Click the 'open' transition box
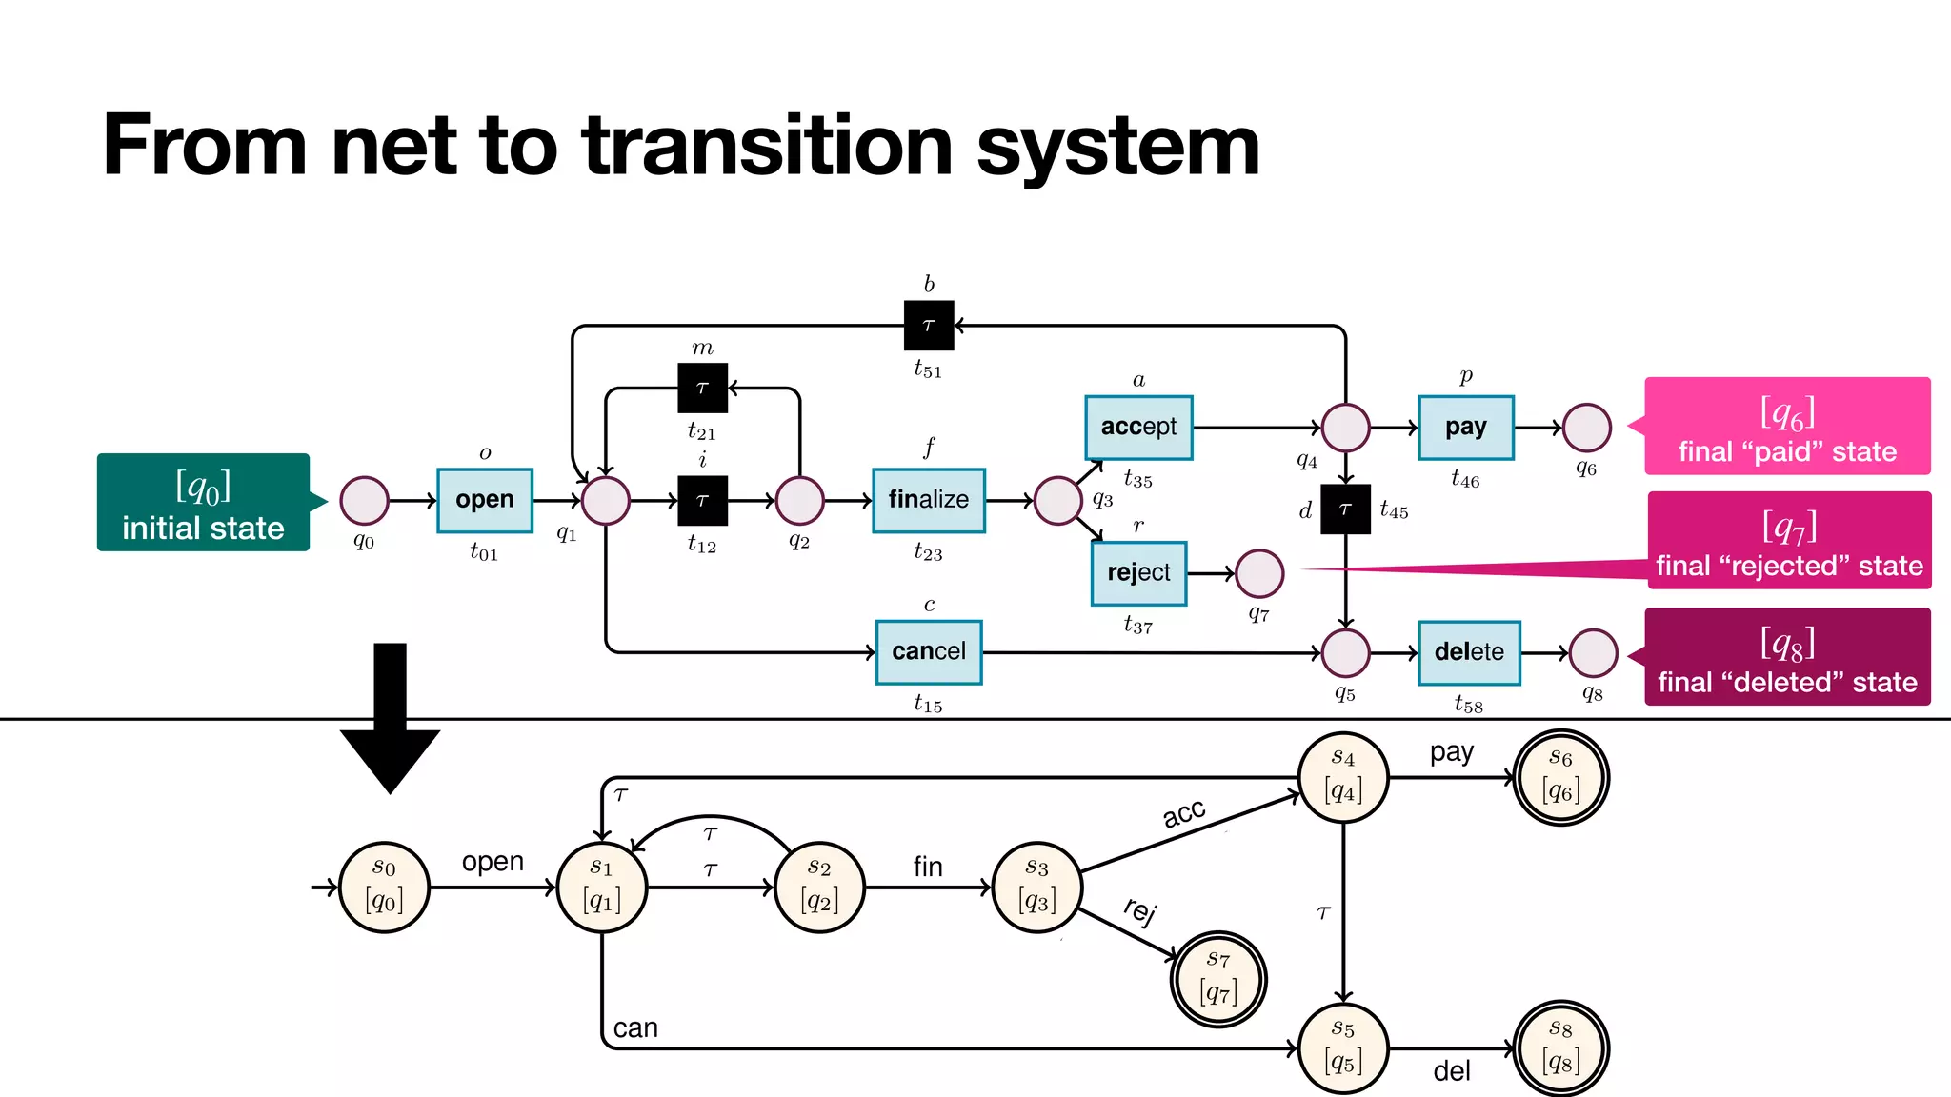point(484,500)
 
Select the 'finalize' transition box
point(928,500)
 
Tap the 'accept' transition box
point(1138,428)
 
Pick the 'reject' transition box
point(1138,573)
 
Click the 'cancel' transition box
point(928,652)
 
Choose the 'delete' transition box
point(1468,652)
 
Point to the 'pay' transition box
point(1465,428)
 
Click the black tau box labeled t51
point(928,326)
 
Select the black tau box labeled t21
point(702,388)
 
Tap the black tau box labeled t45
point(1345,509)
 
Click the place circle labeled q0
point(364,501)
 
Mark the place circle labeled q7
point(1259,573)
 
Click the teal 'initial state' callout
point(203,503)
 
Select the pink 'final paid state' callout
point(1787,427)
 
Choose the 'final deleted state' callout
point(1787,657)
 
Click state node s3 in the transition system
point(1036,888)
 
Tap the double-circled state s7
point(1218,979)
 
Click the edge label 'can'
point(635,1028)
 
